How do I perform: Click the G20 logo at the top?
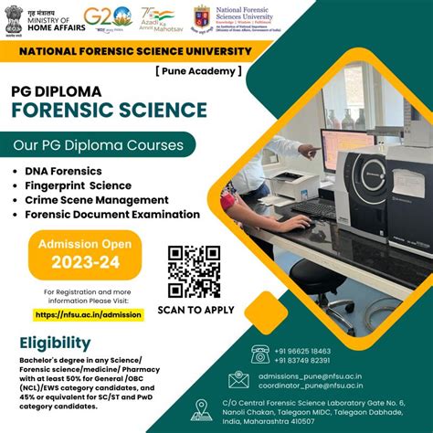pyautogui.click(x=108, y=17)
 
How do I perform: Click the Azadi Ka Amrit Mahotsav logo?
pyautogui.click(x=157, y=17)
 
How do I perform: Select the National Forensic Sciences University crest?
pyautogui.click(x=202, y=16)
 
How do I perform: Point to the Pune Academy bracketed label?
pyautogui.click(x=199, y=69)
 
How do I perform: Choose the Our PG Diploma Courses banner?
pyautogui.click(x=97, y=144)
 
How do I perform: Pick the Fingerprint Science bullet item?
pyautogui.click(x=79, y=185)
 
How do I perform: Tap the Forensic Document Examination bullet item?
pyautogui.click(x=112, y=214)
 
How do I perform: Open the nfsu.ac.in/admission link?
pyautogui.click(x=89, y=314)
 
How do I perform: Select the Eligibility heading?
pyautogui.click(x=55, y=343)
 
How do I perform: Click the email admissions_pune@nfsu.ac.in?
pyautogui.click(x=314, y=375)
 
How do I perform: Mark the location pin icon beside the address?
pyautogui.click(x=201, y=410)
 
